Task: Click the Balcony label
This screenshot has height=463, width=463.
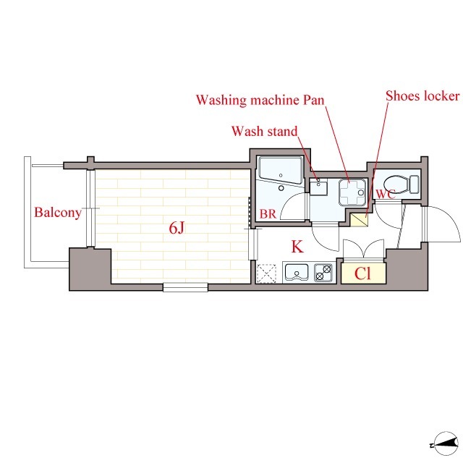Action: [58, 213]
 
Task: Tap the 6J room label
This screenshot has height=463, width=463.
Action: [177, 228]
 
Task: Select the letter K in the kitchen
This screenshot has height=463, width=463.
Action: [297, 247]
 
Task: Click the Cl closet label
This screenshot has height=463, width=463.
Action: [362, 273]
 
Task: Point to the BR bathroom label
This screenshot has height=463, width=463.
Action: [268, 214]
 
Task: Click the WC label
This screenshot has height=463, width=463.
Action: [386, 195]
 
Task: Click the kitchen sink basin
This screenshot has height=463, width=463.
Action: [297, 272]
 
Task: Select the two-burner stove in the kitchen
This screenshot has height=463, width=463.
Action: [323, 273]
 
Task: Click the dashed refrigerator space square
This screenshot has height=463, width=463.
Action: [267, 273]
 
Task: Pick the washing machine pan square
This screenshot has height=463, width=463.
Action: [352, 192]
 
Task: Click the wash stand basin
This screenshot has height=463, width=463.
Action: [318, 188]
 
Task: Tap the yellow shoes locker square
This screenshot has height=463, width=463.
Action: [359, 220]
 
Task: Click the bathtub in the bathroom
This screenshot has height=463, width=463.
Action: [281, 171]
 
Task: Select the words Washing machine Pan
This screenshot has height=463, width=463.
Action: [260, 100]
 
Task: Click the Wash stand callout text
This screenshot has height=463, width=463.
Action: [264, 132]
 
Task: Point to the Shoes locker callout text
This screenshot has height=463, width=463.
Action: [422, 96]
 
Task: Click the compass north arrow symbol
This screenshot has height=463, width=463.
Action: [445, 443]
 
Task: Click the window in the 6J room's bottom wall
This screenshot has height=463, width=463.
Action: [185, 287]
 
